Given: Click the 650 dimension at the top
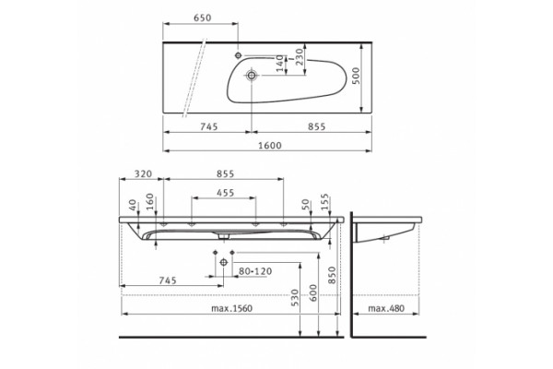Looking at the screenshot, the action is (x=202, y=18).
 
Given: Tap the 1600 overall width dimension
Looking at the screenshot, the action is (x=270, y=146).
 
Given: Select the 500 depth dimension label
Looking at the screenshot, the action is (x=356, y=76).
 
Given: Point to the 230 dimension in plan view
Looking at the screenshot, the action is (x=299, y=56).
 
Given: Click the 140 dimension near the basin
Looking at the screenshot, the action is (x=279, y=64).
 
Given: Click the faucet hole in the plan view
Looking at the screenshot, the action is (x=238, y=55).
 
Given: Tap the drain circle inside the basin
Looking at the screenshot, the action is (x=252, y=75).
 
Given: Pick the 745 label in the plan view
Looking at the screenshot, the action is (x=209, y=126).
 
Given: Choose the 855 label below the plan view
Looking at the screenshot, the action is (x=316, y=126).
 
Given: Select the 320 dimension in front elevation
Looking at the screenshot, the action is (x=143, y=173).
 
